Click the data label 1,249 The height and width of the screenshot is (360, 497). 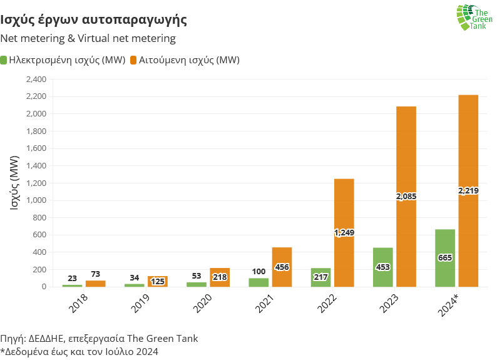click(x=344, y=233)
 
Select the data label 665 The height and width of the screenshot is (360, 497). click(x=445, y=257)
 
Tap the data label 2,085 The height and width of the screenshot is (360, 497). click(x=406, y=196)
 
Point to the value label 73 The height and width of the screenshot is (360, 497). click(x=96, y=275)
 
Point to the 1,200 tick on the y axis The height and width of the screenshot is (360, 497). click(x=36, y=183)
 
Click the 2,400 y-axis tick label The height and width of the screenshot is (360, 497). click(x=36, y=80)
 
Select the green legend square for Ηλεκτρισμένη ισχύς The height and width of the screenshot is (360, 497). click(x=4, y=60)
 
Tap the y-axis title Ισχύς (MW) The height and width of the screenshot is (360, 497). click(x=14, y=183)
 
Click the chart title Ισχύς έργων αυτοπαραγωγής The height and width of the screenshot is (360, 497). click(x=94, y=19)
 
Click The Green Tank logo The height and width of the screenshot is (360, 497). click(x=474, y=18)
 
